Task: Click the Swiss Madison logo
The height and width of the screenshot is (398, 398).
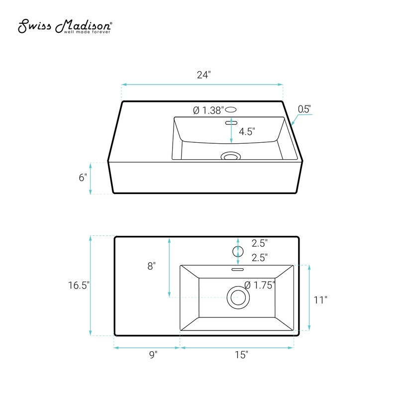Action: [x=65, y=28]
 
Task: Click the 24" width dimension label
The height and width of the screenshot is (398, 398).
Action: [x=203, y=75]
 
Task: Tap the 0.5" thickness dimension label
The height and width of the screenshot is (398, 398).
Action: [x=304, y=109]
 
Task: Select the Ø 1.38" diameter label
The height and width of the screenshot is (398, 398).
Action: [x=208, y=110]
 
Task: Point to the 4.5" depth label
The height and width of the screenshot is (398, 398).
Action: [x=246, y=132]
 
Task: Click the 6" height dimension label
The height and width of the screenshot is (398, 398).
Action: [x=83, y=178]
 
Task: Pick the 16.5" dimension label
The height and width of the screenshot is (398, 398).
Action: [x=78, y=285]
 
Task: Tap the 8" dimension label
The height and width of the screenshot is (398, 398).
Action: [x=152, y=266]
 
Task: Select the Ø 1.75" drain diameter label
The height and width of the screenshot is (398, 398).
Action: [x=260, y=285]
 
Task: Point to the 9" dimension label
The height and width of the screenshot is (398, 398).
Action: [x=153, y=355]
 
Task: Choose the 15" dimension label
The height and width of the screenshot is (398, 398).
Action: [x=241, y=355]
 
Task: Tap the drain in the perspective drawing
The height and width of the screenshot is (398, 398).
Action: [x=230, y=157]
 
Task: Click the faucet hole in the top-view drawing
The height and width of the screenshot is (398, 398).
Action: [x=238, y=251]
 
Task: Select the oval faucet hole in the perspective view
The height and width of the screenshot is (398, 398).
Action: [x=232, y=110]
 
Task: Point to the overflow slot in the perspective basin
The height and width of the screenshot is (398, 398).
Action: [x=230, y=121]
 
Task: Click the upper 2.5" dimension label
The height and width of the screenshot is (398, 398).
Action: [x=260, y=243]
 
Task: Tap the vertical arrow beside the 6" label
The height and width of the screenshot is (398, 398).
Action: [x=90, y=178]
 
